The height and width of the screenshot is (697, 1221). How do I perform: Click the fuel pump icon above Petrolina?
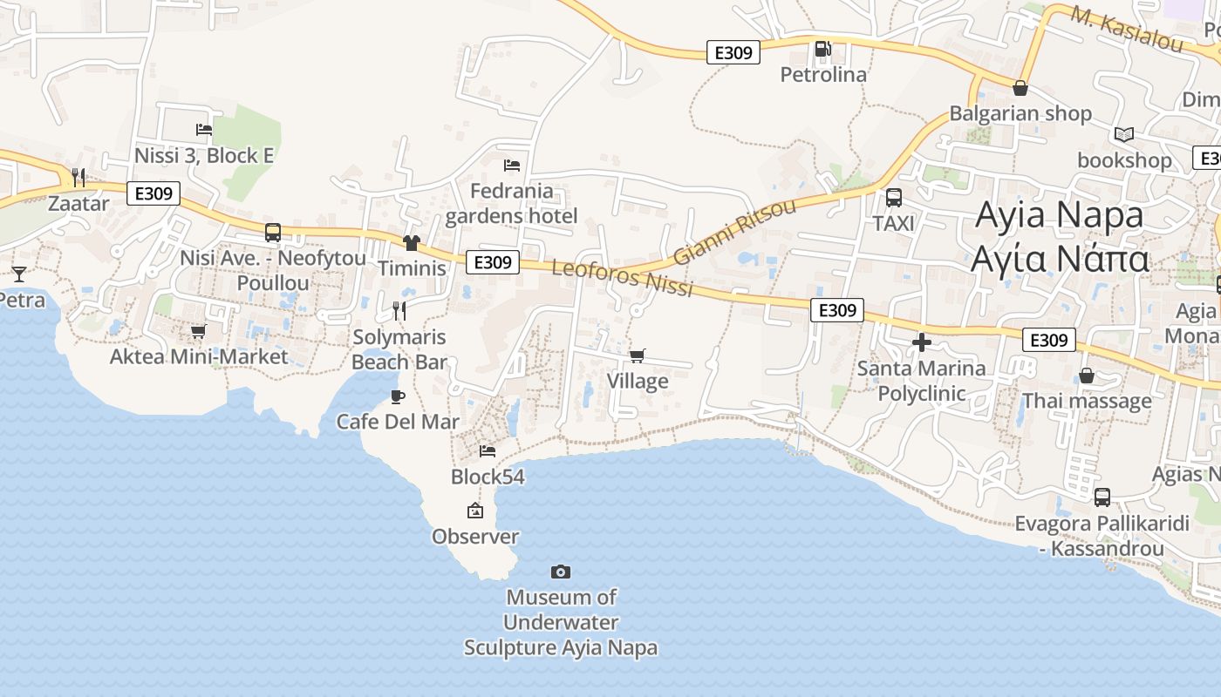click(822, 49)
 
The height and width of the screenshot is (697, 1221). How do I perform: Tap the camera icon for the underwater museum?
click(561, 572)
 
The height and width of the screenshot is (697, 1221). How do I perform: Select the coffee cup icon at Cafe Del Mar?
click(398, 397)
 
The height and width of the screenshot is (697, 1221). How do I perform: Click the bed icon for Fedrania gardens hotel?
click(512, 165)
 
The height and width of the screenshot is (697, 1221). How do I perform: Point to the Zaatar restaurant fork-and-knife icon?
click(78, 178)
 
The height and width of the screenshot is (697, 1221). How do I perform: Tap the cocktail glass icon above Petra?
click(18, 274)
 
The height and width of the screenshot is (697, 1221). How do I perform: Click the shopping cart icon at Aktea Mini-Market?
click(198, 331)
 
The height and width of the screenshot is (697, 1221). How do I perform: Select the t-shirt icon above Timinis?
click(411, 243)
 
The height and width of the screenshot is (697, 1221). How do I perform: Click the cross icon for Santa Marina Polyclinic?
click(921, 342)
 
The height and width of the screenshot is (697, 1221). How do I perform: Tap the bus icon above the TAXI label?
click(894, 198)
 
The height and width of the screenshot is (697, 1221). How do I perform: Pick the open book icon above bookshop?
click(1124, 135)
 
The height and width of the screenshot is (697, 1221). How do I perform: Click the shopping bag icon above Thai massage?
click(1087, 376)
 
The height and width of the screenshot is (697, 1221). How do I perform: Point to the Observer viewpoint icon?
click(475, 511)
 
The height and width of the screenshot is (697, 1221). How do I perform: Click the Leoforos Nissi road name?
click(622, 278)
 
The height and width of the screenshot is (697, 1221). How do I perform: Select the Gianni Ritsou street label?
click(734, 232)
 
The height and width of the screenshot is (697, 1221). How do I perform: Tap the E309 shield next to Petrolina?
click(733, 53)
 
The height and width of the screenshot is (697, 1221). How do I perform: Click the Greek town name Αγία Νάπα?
click(1059, 259)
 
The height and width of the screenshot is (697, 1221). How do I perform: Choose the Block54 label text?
click(488, 477)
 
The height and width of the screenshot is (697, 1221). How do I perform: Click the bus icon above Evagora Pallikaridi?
click(1102, 497)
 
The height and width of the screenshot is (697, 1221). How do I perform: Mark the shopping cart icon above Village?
click(638, 355)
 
